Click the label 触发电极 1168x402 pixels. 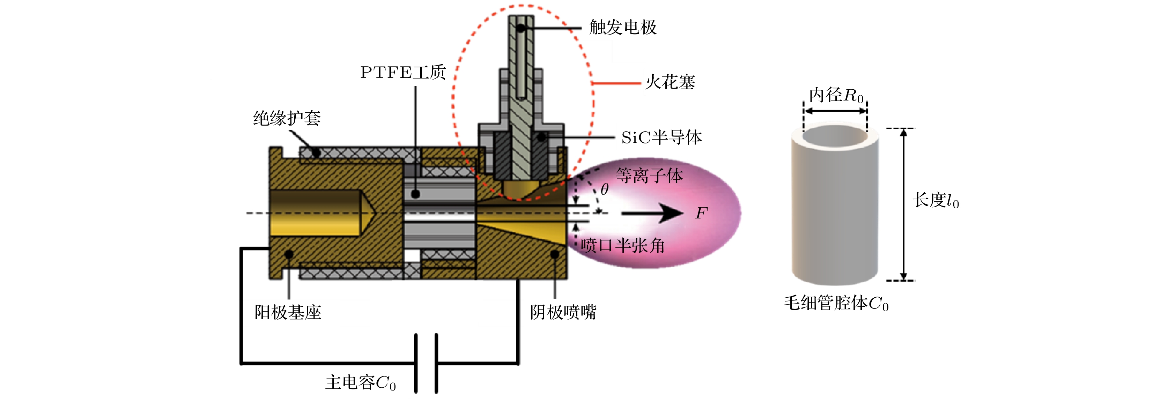click(622, 28)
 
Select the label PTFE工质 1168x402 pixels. click(402, 73)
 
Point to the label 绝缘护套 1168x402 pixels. click(287, 118)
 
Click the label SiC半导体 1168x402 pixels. click(661, 137)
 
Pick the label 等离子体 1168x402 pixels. click(649, 176)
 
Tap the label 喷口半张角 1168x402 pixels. click(622, 246)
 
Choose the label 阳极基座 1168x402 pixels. click(288, 312)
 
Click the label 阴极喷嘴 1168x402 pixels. click(563, 312)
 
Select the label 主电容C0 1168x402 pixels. click(361, 383)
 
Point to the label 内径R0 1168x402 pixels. click(836, 96)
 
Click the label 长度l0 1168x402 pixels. click(936, 200)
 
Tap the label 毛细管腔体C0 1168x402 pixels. click(836, 303)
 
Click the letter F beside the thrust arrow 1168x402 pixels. click(701, 213)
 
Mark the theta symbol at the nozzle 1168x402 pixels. click(604, 189)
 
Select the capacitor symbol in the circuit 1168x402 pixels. click(426, 363)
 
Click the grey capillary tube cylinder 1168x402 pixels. click(835, 208)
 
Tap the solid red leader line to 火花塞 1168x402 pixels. click(616, 83)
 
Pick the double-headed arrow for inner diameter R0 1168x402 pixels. click(835, 111)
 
